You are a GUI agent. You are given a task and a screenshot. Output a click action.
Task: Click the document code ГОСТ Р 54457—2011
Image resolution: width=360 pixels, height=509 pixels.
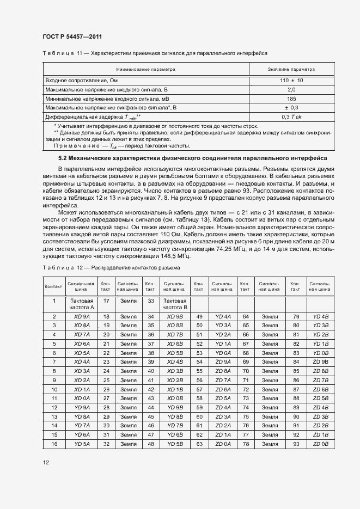72,36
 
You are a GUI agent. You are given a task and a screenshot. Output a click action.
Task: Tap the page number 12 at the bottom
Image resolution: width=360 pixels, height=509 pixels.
46,462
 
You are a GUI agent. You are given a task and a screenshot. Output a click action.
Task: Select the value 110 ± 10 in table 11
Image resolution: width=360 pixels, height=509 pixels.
291,80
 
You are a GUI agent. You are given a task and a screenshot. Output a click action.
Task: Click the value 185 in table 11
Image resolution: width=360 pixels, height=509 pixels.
291,99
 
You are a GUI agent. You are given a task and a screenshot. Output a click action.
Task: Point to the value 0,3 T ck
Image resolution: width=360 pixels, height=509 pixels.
291,117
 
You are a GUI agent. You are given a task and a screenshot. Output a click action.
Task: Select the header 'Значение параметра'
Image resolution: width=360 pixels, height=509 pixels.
291,70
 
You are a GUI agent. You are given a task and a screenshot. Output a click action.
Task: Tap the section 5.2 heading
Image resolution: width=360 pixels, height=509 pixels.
192,158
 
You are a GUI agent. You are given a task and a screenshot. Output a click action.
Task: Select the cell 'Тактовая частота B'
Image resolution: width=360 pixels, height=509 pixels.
175,304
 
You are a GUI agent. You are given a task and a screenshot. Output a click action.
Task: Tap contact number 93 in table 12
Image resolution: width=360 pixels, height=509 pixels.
296,445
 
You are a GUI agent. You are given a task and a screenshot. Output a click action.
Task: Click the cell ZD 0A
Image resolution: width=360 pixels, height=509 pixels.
223,445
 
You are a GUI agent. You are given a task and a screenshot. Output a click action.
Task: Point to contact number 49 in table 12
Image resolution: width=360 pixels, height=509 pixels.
199,316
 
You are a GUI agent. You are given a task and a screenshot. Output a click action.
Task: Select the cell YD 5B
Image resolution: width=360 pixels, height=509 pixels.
175,445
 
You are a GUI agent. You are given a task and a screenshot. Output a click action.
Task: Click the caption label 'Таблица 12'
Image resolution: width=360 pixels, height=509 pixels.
62,268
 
